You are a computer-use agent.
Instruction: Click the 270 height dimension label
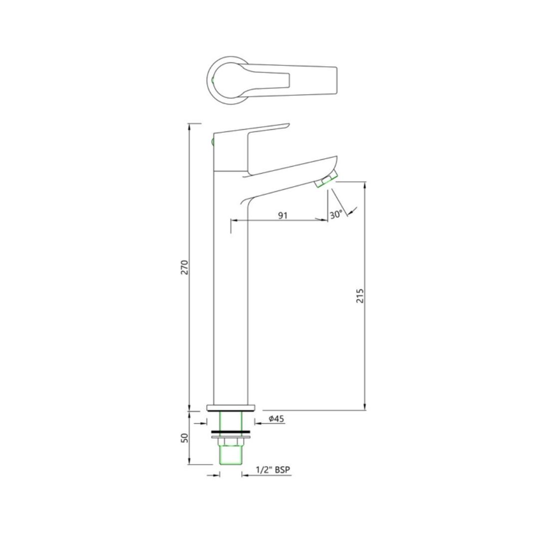185,267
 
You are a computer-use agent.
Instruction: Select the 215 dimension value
359,295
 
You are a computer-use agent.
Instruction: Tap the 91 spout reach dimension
282,216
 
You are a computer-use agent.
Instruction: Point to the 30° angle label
336,215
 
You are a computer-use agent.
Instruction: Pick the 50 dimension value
185,438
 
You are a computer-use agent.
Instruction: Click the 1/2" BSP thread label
273,470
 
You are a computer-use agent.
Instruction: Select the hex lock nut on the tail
231,442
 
